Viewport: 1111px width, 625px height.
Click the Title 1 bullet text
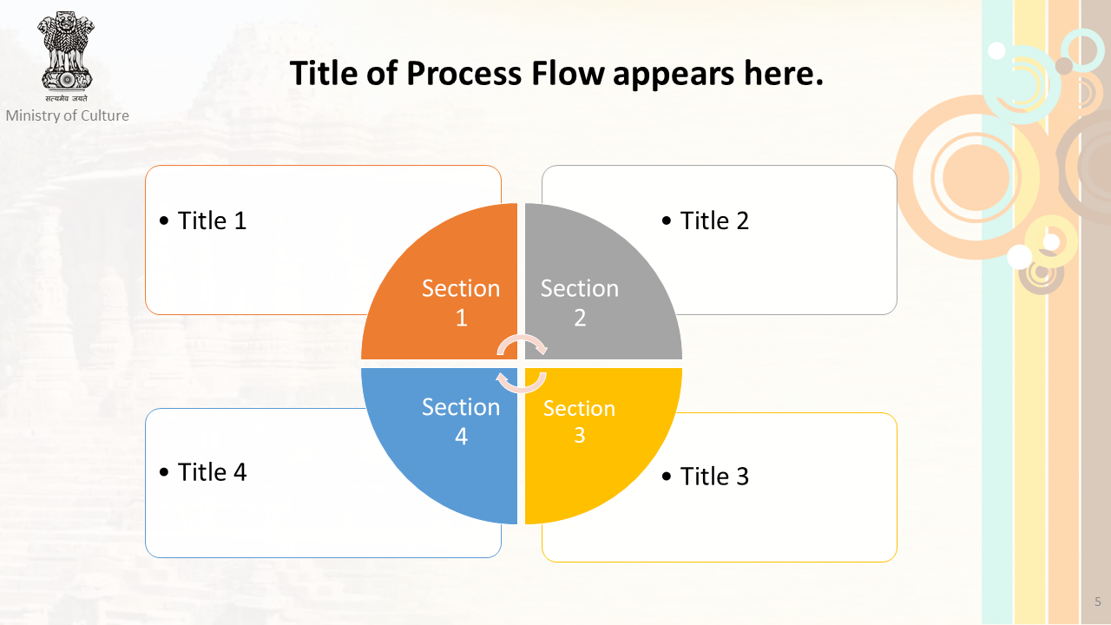[203, 220]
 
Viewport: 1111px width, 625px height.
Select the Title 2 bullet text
[706, 220]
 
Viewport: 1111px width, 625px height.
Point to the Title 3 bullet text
[706, 477]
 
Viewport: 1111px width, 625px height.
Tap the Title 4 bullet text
[203, 471]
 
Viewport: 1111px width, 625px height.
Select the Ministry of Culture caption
[68, 115]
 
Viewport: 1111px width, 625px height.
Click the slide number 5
[1098, 602]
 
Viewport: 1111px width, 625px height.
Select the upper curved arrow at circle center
[523, 343]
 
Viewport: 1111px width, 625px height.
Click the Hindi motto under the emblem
[66, 98]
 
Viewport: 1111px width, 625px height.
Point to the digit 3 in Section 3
[580, 435]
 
